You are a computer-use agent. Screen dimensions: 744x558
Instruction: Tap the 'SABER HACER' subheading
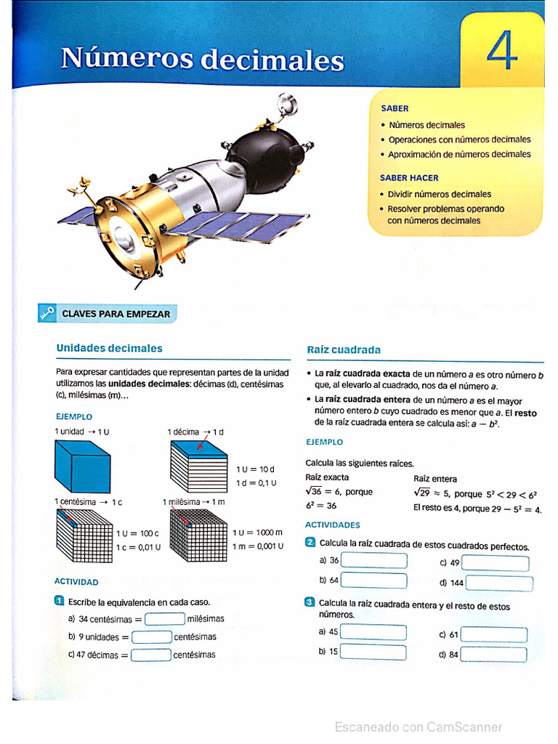coord(409,177)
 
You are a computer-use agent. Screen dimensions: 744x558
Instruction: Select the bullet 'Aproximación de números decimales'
coord(459,154)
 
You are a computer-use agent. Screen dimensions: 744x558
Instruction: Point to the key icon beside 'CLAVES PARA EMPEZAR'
coord(47,314)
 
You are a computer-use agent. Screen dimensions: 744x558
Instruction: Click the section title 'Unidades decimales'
coord(109,348)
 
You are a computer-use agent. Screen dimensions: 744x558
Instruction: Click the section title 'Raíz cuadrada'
coord(344,349)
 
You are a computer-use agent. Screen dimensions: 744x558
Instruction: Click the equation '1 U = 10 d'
coord(255,469)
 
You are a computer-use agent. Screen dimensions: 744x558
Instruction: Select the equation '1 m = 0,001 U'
coord(258,546)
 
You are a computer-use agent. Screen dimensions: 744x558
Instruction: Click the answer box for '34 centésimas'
coord(165,619)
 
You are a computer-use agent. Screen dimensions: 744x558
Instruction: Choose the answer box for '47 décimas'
coord(151,655)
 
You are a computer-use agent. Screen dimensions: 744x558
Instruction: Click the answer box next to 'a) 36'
coord(374,560)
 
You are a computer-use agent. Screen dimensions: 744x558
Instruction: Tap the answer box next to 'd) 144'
coord(499,583)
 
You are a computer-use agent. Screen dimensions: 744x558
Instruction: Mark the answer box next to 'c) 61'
coord(494,634)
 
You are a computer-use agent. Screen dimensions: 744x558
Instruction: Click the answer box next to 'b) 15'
coord(373,652)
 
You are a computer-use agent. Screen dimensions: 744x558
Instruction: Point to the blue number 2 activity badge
coord(310,542)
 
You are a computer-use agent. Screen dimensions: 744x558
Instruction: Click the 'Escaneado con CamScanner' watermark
coord(418,727)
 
